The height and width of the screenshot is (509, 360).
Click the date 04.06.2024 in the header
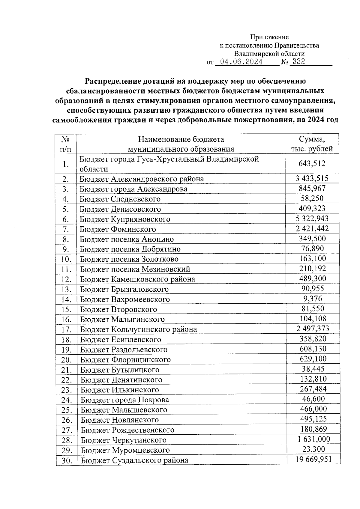point(241,62)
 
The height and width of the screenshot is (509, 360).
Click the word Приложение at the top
point(269,37)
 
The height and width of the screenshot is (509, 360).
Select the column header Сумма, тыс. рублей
point(312,144)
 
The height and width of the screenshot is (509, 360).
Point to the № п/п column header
point(66,144)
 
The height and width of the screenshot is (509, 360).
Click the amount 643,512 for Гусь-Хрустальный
point(312,164)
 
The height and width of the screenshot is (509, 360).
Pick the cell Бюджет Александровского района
point(142,179)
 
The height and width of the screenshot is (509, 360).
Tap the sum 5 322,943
point(312,219)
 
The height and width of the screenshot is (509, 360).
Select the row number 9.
point(66,249)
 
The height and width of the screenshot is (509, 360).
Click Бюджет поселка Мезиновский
point(135,269)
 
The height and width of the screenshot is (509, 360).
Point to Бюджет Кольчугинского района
point(139,329)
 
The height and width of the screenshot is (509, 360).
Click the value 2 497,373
point(313,329)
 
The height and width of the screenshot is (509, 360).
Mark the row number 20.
point(66,360)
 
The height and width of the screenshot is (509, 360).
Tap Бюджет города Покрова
point(125,400)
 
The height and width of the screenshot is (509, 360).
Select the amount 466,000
point(313,409)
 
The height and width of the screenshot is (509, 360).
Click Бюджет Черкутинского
point(124,440)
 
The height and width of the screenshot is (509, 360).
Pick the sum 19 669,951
point(313,459)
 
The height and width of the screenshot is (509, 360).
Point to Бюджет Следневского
point(120,199)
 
